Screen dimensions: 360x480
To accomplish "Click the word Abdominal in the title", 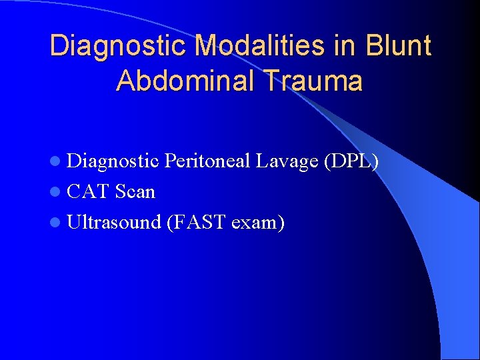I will click(187, 81).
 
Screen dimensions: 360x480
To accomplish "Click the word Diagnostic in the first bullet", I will click(113, 161).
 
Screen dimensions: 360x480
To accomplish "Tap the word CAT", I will click(89, 192).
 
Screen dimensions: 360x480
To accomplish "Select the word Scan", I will click(135, 192).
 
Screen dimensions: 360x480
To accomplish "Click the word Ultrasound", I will click(114, 223).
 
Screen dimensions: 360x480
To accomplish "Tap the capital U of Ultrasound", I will click(74, 223).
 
